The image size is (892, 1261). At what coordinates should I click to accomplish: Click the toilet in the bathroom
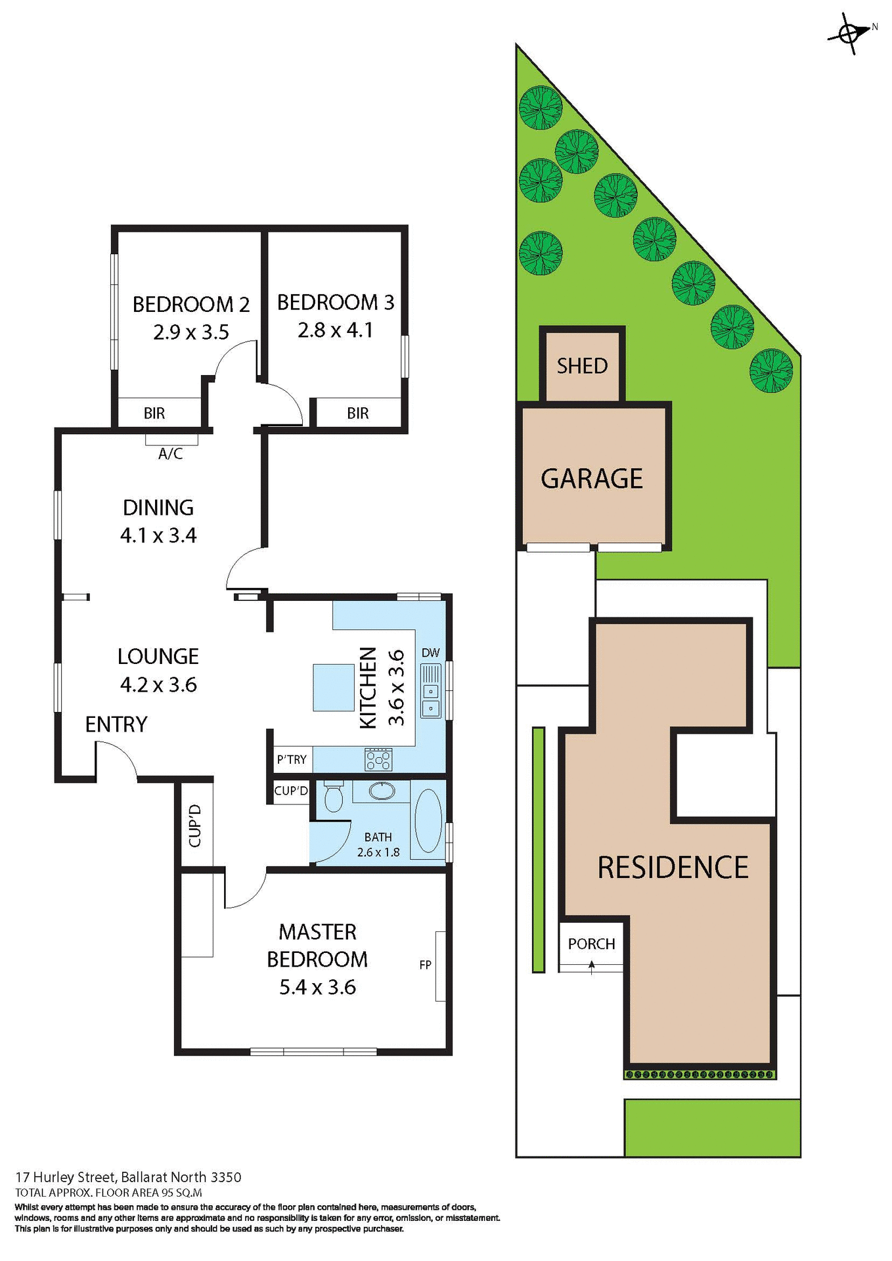(x=334, y=797)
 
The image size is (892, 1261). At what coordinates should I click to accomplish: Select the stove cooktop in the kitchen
(x=378, y=760)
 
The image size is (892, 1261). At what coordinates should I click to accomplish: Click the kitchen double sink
(x=431, y=692)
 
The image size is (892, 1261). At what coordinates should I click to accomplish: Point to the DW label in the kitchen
(x=431, y=653)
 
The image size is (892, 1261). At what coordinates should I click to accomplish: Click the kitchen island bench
(x=334, y=688)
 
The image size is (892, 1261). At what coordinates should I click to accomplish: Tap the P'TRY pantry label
(x=292, y=760)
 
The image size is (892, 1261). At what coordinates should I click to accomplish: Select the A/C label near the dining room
(x=171, y=454)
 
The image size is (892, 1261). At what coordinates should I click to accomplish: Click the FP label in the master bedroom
(x=426, y=965)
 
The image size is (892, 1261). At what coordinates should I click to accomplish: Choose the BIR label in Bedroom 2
(x=154, y=413)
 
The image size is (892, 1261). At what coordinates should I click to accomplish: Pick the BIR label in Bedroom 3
(x=358, y=413)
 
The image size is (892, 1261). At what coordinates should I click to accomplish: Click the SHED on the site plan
(x=583, y=366)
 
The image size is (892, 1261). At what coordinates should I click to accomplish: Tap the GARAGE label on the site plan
(x=592, y=479)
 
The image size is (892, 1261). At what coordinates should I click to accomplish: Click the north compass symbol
(x=849, y=32)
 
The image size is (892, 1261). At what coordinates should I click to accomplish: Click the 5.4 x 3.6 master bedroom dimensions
(x=317, y=987)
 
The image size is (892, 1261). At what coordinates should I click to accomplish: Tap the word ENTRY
(x=116, y=724)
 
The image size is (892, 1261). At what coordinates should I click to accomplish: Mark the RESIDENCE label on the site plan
(x=673, y=868)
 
